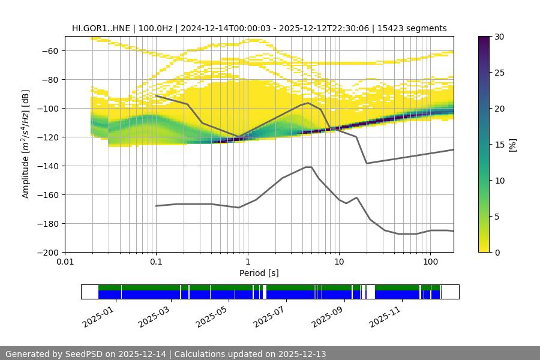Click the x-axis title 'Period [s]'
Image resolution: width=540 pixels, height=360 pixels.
click(259, 273)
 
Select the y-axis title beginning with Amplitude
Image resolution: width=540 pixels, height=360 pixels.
click(25, 144)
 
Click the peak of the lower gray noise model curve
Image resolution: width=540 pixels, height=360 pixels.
click(308, 167)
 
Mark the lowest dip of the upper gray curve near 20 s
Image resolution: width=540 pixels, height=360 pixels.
click(367, 163)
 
